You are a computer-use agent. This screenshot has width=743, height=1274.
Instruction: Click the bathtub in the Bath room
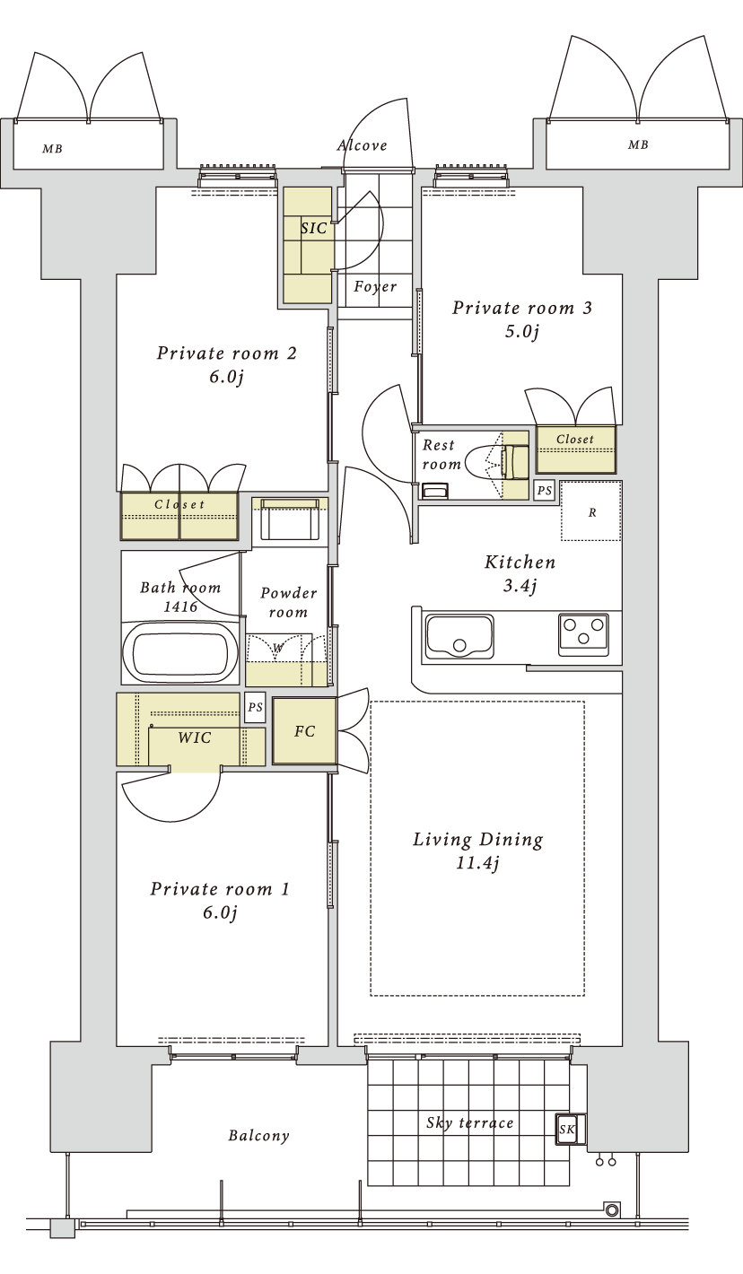pyautogui.click(x=179, y=653)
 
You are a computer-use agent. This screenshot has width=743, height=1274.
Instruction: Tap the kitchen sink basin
pyautogui.click(x=459, y=635)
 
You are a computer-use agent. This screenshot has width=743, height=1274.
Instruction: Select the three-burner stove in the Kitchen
pyautogui.click(x=583, y=633)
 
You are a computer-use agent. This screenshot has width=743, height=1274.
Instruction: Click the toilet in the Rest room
pyautogui.click(x=496, y=461)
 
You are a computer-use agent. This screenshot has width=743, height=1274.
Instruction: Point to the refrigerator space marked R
pyautogui.click(x=591, y=510)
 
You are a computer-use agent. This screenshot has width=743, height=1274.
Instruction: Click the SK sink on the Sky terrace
pyautogui.click(x=566, y=1129)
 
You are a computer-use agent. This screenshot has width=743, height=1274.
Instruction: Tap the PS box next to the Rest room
pyautogui.click(x=545, y=490)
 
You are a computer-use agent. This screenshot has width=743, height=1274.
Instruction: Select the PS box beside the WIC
pyautogui.click(x=255, y=707)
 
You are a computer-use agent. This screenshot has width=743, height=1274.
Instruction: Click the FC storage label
pyautogui.click(x=304, y=731)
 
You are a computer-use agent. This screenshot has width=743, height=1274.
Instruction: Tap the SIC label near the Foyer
pyautogui.click(x=313, y=228)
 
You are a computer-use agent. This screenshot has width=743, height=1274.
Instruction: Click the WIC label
pyautogui.click(x=195, y=737)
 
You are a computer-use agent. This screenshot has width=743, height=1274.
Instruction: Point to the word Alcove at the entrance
pyautogui.click(x=363, y=145)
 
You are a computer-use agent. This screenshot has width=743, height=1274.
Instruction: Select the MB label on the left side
pyautogui.click(x=52, y=149)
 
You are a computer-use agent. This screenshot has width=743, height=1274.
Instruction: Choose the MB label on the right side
pyautogui.click(x=638, y=145)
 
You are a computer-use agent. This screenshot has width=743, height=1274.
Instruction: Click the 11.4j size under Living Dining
pyautogui.click(x=478, y=863)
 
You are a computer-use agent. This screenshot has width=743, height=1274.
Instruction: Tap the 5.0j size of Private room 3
pyautogui.click(x=521, y=331)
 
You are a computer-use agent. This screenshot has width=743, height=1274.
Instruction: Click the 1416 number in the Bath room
pyautogui.click(x=180, y=606)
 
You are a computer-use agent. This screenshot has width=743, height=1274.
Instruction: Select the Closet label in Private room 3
pyautogui.click(x=575, y=439)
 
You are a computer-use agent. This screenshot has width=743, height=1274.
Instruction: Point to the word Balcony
pyautogui.click(x=258, y=1136)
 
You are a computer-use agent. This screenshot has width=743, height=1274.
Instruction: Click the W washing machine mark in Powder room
pyautogui.click(x=277, y=648)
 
